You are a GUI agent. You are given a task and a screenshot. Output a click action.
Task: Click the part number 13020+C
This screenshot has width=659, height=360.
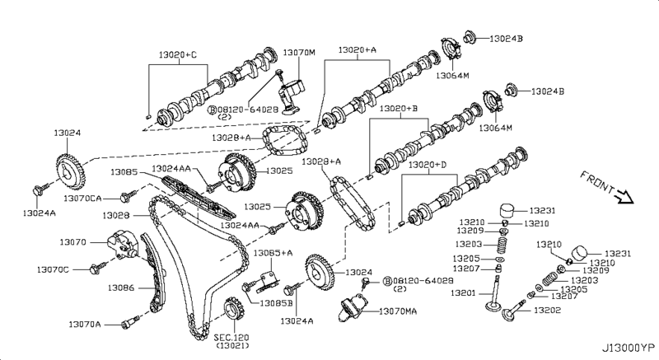pos(178,56)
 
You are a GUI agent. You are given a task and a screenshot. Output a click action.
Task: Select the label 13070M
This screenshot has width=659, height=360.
pos(299,53)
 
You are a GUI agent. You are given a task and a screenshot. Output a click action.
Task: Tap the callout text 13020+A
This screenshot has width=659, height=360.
pos(358,50)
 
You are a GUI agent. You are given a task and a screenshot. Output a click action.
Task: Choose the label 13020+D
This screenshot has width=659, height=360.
pos(428,165)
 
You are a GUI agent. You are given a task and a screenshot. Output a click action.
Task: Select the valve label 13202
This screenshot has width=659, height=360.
pos(547,311)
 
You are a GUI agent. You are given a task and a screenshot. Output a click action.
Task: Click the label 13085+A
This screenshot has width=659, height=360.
pos(273,252)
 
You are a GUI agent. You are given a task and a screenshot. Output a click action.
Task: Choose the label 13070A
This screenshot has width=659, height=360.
pos(85,325)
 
